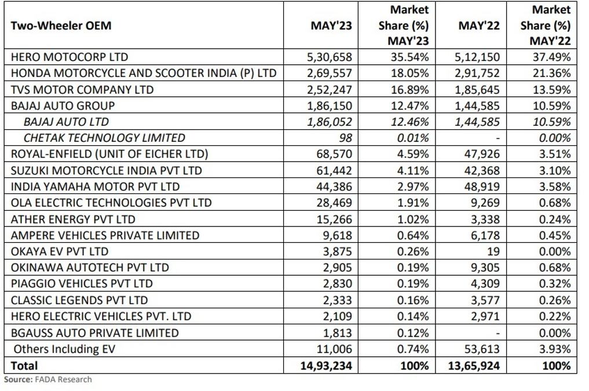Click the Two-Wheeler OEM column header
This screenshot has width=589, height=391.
tap(61, 25)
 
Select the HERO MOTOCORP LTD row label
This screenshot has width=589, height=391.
tap(69, 57)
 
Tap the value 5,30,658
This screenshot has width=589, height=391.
tap(330, 57)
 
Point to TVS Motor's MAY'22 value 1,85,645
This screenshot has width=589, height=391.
tap(477, 90)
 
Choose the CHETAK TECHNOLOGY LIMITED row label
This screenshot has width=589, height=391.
tap(104, 138)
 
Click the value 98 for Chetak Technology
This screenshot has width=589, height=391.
tap(346, 138)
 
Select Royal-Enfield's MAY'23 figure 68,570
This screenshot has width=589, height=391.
tap(334, 154)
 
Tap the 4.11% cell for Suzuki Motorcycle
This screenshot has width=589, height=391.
tap(413, 170)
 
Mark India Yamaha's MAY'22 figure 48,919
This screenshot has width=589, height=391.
tap(482, 187)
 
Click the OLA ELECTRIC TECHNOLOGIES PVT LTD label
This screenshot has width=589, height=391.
tap(111, 203)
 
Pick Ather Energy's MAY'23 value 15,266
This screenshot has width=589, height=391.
tap(334, 219)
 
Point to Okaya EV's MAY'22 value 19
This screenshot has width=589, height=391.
tap(493, 251)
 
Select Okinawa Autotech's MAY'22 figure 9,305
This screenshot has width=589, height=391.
tap(485, 268)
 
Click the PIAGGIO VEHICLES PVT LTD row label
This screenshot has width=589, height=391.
tap(82, 284)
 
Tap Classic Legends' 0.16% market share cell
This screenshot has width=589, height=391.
tap(413, 300)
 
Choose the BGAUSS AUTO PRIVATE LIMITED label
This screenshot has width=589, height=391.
tap(94, 332)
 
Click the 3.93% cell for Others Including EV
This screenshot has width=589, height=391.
tap(555, 349)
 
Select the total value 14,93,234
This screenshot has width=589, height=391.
tap(326, 366)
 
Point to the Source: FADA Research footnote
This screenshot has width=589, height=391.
tap(47, 379)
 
